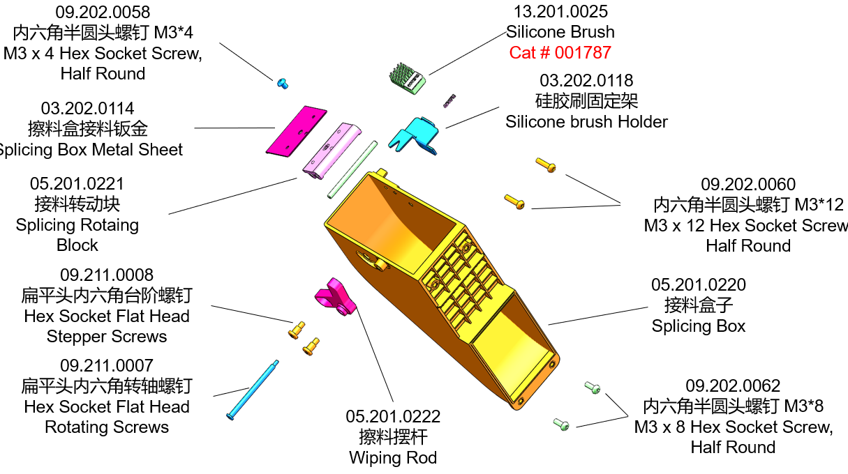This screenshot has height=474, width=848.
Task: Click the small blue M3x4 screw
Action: coord(282,83)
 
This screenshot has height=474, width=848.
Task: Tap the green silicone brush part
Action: coord(407,78)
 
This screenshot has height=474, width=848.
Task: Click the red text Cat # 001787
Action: coord(560,52)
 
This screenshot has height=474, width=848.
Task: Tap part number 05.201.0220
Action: coord(698,285)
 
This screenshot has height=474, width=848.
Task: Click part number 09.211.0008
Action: coord(107,275)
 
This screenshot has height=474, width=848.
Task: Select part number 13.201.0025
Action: coord(560,12)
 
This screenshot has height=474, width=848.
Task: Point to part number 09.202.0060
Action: coord(747,185)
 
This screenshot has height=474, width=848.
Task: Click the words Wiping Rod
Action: coord(393,458)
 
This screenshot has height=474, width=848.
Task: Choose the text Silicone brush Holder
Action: coord(586,122)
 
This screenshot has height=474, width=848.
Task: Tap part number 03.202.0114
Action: coord(88,109)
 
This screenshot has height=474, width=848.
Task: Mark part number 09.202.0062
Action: coord(733,386)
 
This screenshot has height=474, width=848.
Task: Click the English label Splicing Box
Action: coord(698,326)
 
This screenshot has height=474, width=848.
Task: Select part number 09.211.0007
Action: coord(107,366)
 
